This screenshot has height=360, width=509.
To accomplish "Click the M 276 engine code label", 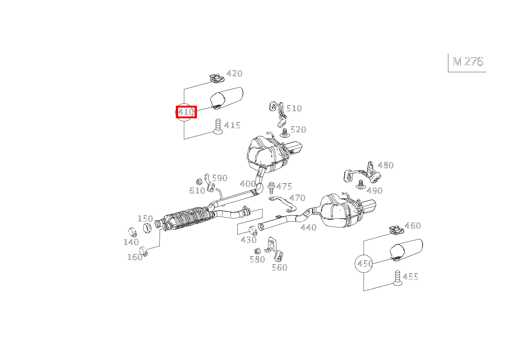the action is click(x=468, y=62).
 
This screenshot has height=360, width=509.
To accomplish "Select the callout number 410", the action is click(x=186, y=112).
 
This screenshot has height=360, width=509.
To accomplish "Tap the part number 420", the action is click(x=235, y=73).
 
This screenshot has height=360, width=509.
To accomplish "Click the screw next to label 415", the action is click(x=218, y=126).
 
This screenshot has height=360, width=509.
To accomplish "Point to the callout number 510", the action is click(x=294, y=108).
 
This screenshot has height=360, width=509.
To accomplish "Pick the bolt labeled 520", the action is click(x=284, y=133).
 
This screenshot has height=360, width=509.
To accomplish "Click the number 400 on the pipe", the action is click(x=248, y=184).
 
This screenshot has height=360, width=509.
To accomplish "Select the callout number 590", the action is click(x=220, y=178).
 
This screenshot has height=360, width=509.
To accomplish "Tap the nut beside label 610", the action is click(x=199, y=182).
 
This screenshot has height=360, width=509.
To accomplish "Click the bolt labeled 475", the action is click(x=271, y=187).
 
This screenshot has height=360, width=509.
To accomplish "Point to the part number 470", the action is click(x=297, y=198).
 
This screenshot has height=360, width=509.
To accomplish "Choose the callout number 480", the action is click(x=386, y=165).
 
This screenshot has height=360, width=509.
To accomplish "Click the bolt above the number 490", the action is click(x=360, y=185).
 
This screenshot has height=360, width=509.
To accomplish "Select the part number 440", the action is click(x=309, y=227).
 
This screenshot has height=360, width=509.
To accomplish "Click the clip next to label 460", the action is click(x=396, y=230).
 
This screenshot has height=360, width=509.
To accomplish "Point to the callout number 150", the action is click(x=145, y=219).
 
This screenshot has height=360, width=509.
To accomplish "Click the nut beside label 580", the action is click(x=257, y=251).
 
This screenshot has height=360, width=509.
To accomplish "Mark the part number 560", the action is click(x=279, y=267).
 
